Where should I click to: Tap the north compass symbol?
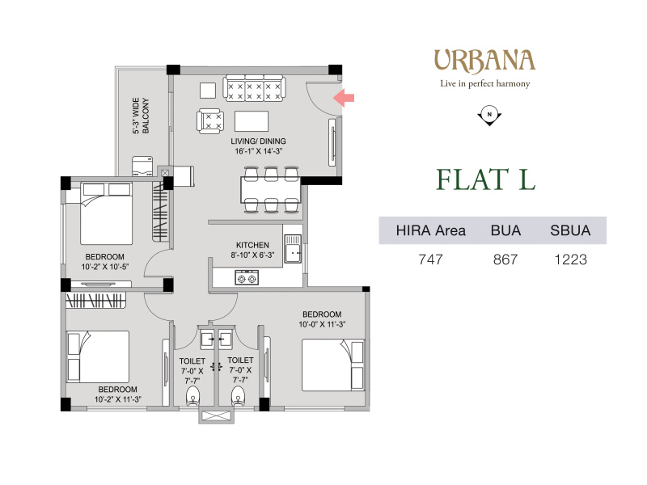[489, 116]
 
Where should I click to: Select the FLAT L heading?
[486, 179]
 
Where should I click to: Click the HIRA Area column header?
[431, 230]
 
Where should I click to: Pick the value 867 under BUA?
[505, 259]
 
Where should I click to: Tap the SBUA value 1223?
[571, 259]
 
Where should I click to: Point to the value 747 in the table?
[431, 259]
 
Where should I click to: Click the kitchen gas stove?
[247, 278]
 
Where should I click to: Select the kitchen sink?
[293, 248]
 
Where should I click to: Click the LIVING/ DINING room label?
[258, 146]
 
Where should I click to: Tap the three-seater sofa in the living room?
[254, 88]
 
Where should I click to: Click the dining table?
[271, 190]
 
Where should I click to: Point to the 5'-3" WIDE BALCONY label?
[141, 116]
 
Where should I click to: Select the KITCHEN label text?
[252, 245]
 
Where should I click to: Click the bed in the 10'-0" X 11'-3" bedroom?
[333, 365]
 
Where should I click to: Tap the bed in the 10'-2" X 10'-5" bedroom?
[107, 213]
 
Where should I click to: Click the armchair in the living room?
[210, 121]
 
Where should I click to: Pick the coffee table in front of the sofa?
[252, 121]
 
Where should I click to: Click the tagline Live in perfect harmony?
[484, 84]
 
